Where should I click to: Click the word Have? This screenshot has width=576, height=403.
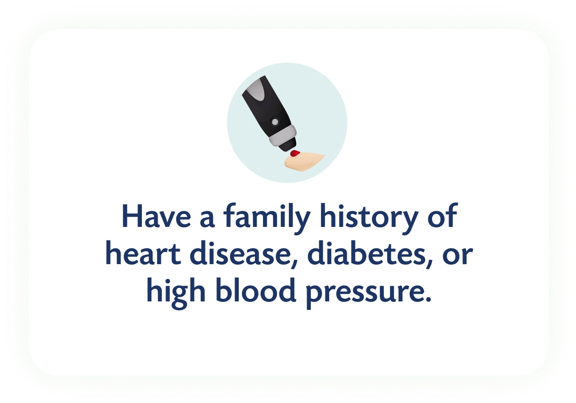(x=156, y=216)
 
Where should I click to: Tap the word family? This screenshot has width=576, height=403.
(x=267, y=218)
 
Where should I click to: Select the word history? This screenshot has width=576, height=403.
(x=369, y=218)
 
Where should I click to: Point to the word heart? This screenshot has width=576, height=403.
(x=143, y=253)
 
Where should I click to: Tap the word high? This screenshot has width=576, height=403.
(x=176, y=293)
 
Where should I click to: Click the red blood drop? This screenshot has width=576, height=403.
(x=295, y=153)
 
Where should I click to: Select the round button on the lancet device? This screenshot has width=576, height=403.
(x=275, y=122)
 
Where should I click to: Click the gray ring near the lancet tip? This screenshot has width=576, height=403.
(x=282, y=136)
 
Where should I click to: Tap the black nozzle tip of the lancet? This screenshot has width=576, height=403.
(x=288, y=146)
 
